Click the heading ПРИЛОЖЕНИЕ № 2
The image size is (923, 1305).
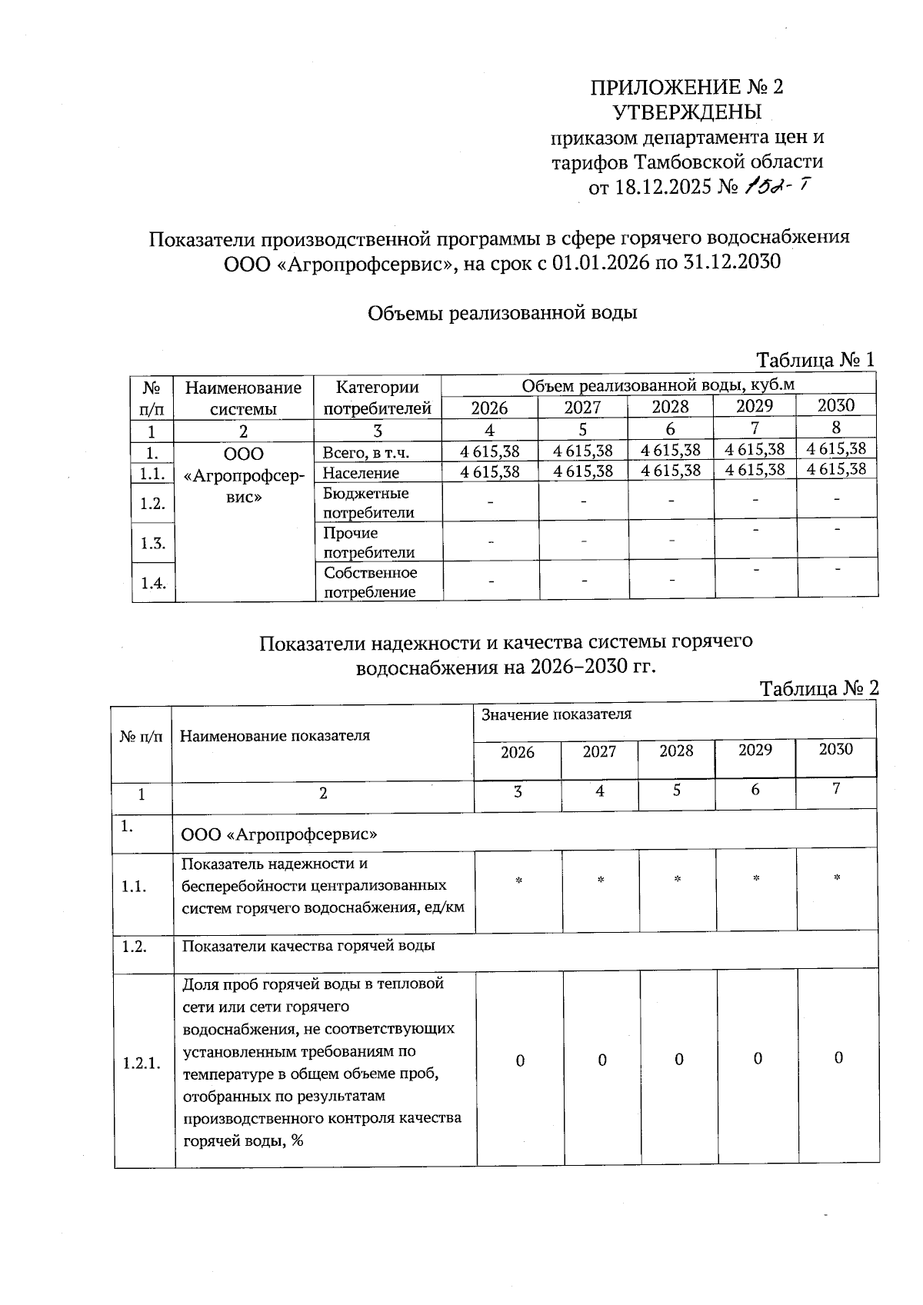click(686, 87)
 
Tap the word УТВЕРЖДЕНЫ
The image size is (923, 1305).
click(687, 112)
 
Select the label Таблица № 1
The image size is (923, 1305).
click(815, 360)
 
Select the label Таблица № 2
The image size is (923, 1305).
click(818, 688)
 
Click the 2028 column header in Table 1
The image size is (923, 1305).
click(670, 407)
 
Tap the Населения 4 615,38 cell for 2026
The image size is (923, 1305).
click(490, 471)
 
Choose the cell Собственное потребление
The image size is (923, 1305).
click(370, 582)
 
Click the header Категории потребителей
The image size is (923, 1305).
click(377, 398)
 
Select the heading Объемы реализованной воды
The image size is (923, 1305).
click(502, 313)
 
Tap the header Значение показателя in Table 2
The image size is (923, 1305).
click(556, 714)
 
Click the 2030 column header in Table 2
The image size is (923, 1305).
click(835, 749)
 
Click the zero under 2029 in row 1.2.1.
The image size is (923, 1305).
click(758, 1059)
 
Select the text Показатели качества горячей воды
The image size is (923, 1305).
click(308, 945)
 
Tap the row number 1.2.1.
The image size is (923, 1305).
click(142, 1064)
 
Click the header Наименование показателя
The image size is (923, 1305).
click(275, 735)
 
